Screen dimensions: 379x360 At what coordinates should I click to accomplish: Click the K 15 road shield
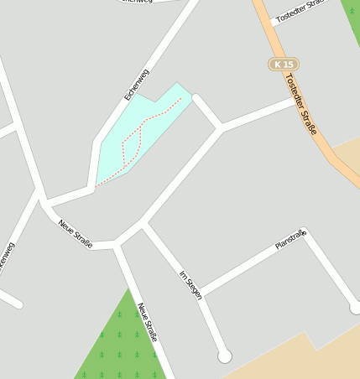coord(284,65)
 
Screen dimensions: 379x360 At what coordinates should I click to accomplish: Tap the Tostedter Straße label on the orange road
coord(300,104)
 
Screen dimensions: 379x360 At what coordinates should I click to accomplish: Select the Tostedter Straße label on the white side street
coord(300,11)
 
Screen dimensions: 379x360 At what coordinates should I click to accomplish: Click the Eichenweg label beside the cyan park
coord(136,85)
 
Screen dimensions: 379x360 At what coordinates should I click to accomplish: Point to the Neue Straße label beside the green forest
coord(147,323)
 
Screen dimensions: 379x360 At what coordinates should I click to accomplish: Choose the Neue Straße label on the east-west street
coord(76,234)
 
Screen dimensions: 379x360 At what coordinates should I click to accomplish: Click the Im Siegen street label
coord(190,284)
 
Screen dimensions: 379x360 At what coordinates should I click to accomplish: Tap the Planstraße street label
coord(291,240)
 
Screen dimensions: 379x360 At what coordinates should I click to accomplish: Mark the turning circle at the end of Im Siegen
coord(224,356)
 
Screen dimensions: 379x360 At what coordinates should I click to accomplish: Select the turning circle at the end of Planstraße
coord(356,308)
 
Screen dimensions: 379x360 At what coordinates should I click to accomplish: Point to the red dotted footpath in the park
coord(134,138)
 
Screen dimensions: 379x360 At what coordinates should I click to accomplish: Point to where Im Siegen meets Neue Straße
coord(143,225)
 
